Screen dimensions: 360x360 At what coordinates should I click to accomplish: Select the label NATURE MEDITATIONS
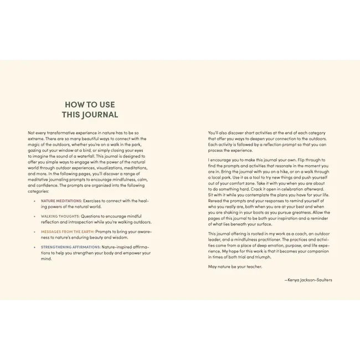61,200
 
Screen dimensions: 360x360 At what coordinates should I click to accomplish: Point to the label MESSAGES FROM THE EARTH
68,232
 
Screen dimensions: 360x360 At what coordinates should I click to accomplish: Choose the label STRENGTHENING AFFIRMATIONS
71,247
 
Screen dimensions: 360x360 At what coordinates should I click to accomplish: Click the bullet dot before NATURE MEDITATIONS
35,200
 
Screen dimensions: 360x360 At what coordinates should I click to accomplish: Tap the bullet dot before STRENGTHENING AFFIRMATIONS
35,247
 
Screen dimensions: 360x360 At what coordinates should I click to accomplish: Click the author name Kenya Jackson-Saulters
310,280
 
